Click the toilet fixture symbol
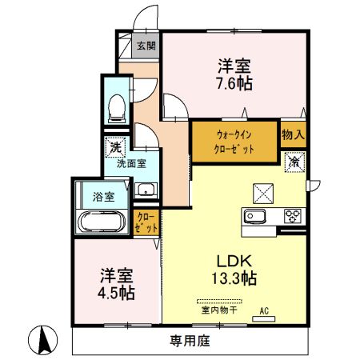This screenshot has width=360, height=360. tap(117, 109)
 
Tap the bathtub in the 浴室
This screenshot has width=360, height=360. tap(102, 222)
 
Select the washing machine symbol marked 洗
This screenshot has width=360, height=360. tap(115, 147)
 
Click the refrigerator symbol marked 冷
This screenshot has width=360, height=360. tap(294, 162)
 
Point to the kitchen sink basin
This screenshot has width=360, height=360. tap(255, 216)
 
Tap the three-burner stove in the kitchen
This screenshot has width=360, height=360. tap(293, 216)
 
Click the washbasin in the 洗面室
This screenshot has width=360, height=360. tap(146, 190)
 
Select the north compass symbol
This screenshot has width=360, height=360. tap(43, 340)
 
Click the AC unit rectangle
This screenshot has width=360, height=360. tap(263, 318)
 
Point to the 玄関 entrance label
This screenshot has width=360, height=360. tap(146, 46)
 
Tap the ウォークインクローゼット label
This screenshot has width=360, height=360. tap(234, 142)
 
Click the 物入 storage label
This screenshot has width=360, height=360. tap(293, 134)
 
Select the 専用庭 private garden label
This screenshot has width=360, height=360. tap(190, 341)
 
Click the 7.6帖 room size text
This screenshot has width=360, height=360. tap(234, 83)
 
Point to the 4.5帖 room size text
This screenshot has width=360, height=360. tap(116, 294)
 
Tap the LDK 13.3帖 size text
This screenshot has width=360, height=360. tap(234, 270)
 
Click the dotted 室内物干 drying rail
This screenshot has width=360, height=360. tap(219, 302)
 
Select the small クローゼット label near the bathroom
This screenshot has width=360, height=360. tap(146, 223)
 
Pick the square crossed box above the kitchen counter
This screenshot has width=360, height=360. tap(263, 194)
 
